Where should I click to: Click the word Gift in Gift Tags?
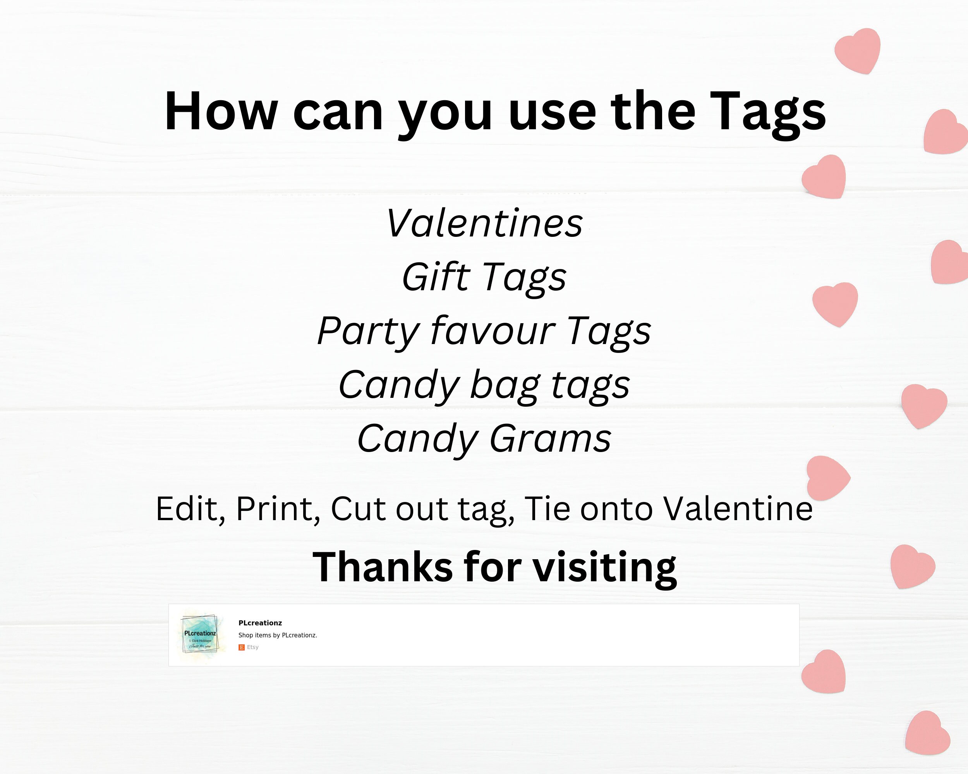tap(436, 277)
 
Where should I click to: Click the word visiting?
tap(604, 568)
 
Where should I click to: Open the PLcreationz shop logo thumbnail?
tap(199, 634)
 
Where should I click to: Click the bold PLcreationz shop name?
tap(260, 623)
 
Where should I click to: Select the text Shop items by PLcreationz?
tap(278, 635)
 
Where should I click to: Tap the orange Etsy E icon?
tap(242, 647)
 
